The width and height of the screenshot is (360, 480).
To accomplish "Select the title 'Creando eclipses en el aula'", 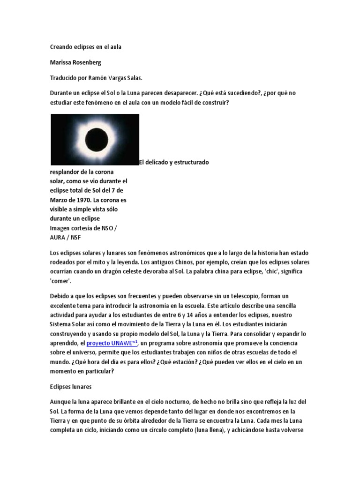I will [85, 47].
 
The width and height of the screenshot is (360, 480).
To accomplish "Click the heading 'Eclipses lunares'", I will [70, 387].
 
